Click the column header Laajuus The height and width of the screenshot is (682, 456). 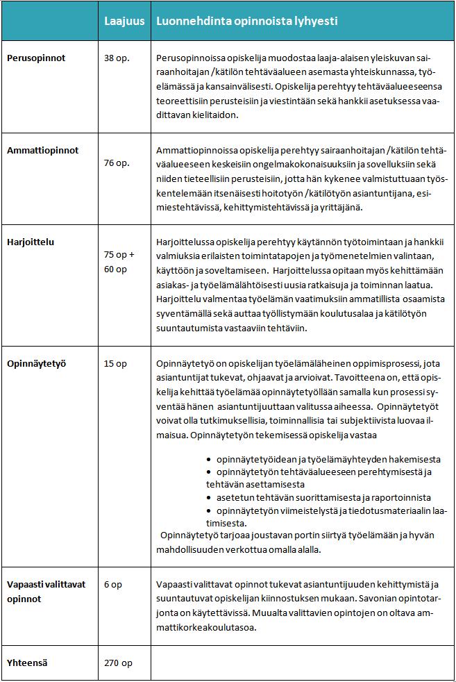(x=124, y=21)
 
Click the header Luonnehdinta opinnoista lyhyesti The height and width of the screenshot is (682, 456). (x=248, y=21)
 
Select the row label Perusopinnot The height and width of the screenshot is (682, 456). (x=36, y=58)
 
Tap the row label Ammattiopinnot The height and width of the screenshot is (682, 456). (x=42, y=150)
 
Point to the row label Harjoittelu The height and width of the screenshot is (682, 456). (x=31, y=242)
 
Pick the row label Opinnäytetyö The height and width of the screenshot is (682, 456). (x=36, y=363)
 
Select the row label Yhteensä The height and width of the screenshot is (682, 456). (x=28, y=662)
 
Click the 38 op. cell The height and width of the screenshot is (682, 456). (x=117, y=58)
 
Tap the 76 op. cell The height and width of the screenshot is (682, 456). (x=117, y=163)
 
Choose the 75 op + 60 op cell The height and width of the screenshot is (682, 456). (x=119, y=261)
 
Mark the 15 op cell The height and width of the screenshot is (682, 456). (x=115, y=363)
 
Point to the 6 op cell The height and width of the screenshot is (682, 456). (x=112, y=584)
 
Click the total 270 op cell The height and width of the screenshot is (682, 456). (x=118, y=663)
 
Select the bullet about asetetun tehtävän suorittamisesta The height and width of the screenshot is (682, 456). (x=323, y=497)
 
